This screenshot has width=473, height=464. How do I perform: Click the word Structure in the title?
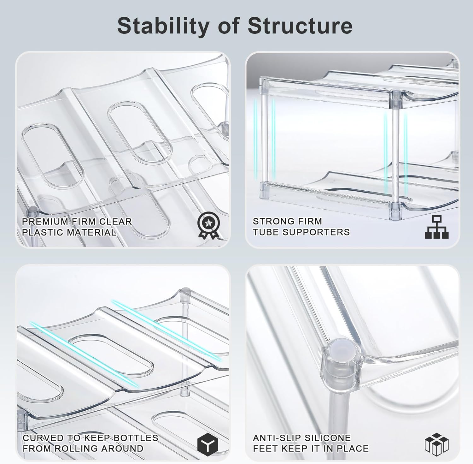pos(300,26)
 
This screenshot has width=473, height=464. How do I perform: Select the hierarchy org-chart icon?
pos(436,227)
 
